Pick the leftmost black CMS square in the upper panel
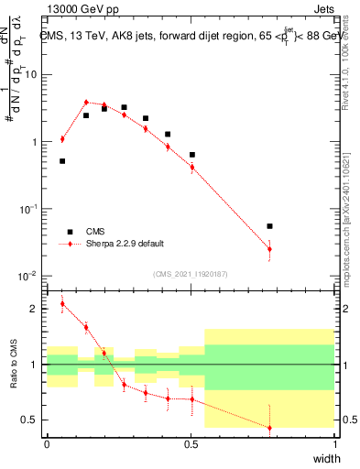point(62,161)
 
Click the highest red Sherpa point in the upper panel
point(86,103)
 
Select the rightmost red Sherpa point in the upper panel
point(269,249)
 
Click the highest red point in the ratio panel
point(62,304)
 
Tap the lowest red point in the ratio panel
point(269,428)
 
